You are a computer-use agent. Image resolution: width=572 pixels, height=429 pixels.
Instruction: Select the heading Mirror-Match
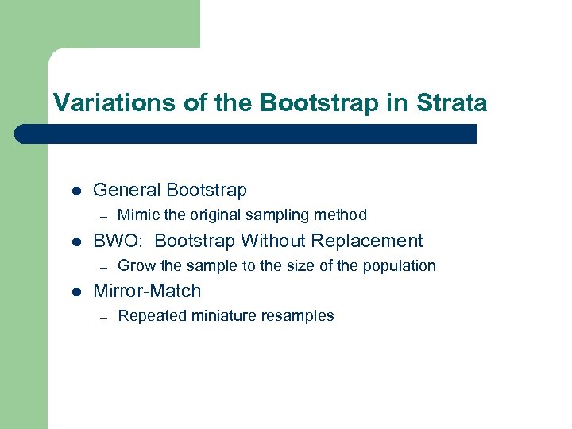pyautogui.click(x=147, y=291)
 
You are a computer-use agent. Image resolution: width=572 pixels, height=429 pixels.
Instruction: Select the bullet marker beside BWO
pyautogui.click(x=75, y=242)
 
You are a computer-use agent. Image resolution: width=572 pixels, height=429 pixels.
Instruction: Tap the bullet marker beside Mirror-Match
pyautogui.click(x=75, y=292)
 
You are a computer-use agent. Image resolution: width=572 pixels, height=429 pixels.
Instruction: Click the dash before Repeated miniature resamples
pyautogui.click(x=102, y=317)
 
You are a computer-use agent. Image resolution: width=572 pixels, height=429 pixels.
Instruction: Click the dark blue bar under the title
pyautogui.click(x=246, y=133)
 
